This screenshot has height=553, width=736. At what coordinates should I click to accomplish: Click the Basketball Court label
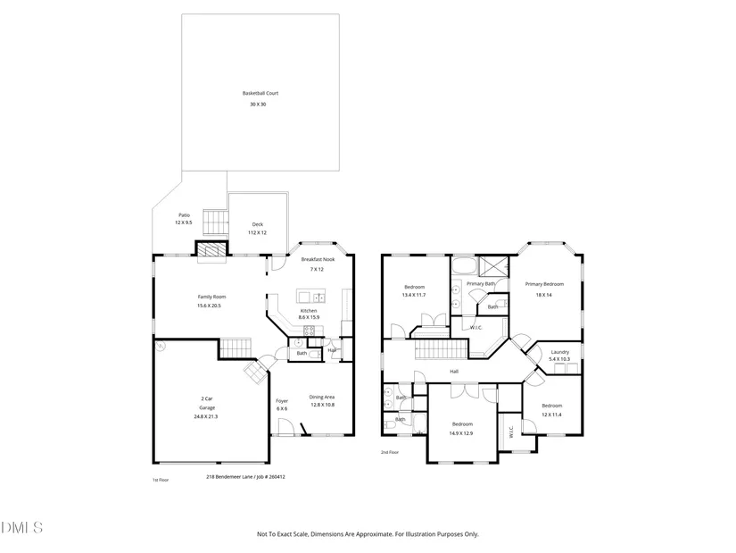[x=260, y=93]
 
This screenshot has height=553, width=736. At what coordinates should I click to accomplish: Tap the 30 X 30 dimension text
[x=258, y=105]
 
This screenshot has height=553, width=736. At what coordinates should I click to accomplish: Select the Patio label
[x=184, y=215]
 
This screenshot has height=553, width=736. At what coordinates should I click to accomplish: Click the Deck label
[x=258, y=224]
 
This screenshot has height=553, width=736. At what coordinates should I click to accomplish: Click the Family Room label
[x=211, y=297]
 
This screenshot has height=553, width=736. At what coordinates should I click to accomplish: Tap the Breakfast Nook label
[x=318, y=259]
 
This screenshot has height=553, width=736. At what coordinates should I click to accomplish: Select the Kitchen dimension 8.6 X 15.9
[x=309, y=317]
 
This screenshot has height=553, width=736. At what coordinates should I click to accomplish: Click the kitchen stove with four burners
[x=309, y=331]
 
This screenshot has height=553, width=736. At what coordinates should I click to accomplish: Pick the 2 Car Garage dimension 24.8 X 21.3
[x=206, y=416]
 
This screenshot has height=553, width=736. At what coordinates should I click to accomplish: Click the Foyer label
[x=282, y=401]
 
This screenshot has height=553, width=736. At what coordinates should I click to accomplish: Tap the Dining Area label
[x=322, y=397]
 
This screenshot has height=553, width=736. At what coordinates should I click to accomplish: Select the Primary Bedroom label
[x=544, y=284]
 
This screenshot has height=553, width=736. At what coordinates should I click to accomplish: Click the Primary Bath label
[x=481, y=283]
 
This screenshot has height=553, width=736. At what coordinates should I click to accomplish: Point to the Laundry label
[x=560, y=352]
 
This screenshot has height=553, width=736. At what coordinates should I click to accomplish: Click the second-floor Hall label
[x=454, y=372]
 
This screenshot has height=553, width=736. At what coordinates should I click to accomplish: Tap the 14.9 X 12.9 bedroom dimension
[x=461, y=433]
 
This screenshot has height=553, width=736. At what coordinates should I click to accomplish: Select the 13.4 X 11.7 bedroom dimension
[x=414, y=296]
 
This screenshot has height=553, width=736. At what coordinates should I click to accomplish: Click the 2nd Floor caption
[x=390, y=452]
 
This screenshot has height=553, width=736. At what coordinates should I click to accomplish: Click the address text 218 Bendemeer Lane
[x=229, y=477]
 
